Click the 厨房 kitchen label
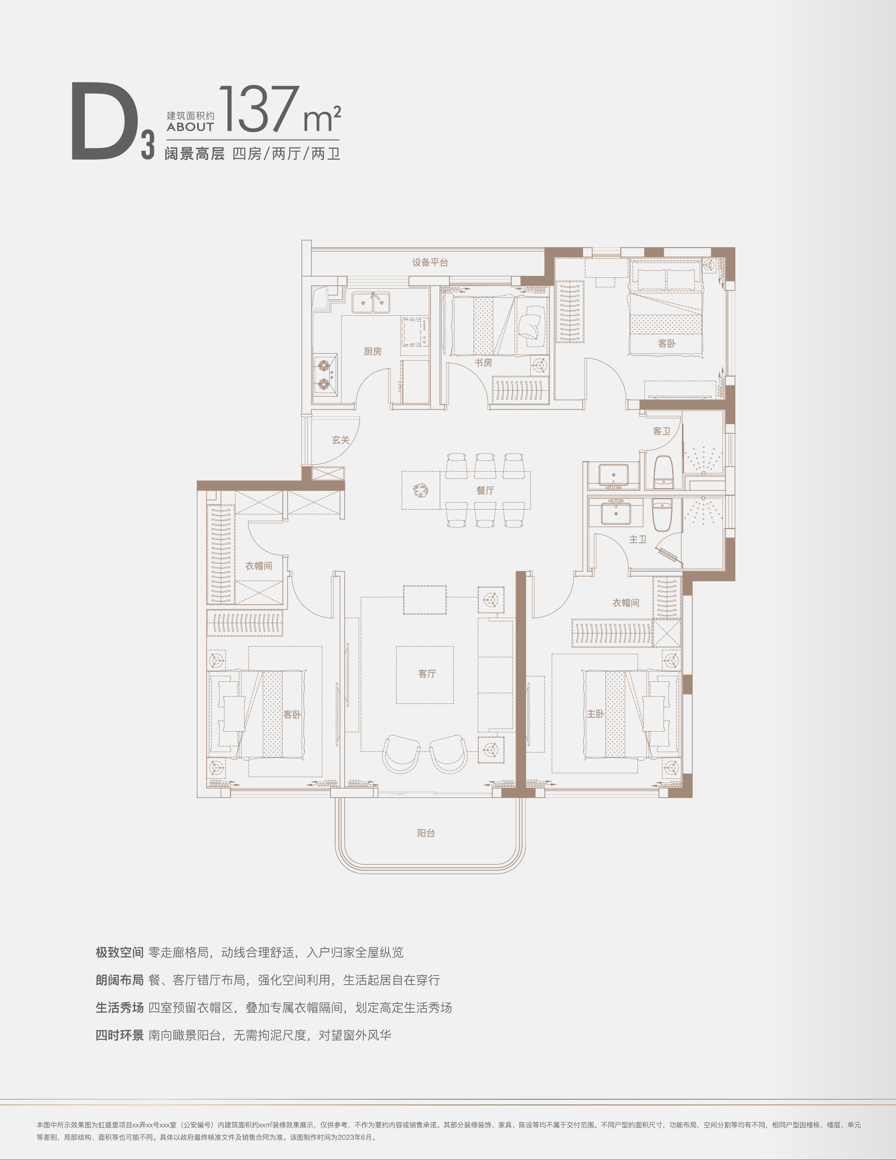tap(373, 351)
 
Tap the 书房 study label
tap(483, 363)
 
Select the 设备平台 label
tap(430, 262)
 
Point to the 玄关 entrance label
tap(341, 440)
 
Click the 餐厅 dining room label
tap(485, 490)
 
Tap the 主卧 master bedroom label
tap(595, 714)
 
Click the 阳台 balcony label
tap(426, 833)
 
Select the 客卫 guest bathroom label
tap(661, 431)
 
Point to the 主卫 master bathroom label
tap(638, 540)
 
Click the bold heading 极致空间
tap(119, 952)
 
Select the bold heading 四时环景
tap(119, 1035)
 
